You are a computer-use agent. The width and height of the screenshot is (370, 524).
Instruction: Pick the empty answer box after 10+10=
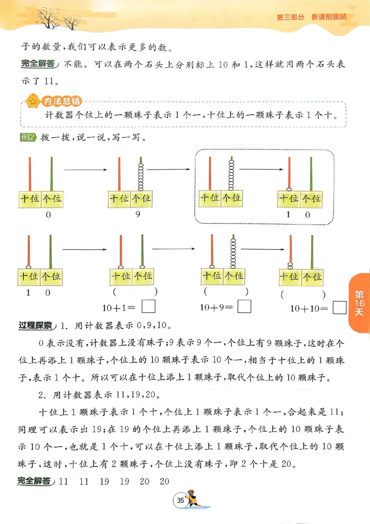click(340, 308)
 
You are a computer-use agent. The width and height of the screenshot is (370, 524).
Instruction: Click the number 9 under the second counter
click(137, 214)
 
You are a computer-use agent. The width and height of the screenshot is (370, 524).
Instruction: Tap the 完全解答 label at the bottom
click(34, 481)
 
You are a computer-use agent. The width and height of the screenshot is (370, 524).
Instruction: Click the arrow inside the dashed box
click(261, 170)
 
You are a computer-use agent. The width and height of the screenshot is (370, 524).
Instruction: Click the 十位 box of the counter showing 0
click(29, 200)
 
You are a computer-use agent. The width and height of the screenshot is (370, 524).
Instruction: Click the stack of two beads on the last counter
click(290, 266)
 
